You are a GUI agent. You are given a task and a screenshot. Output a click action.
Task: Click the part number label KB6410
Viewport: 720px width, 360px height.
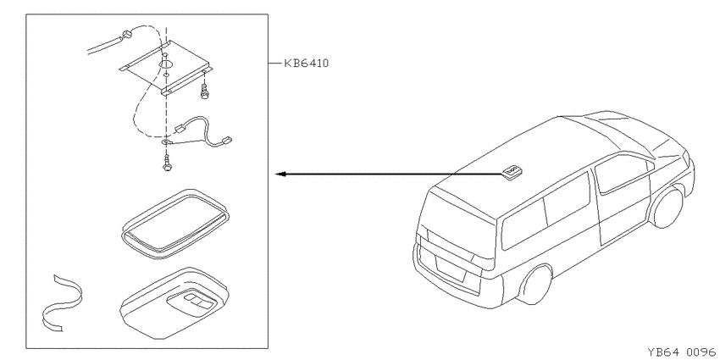click(x=307, y=63)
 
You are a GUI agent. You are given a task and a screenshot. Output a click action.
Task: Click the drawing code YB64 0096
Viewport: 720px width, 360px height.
click(x=681, y=352)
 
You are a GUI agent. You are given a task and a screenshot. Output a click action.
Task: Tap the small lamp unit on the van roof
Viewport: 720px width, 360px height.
click(x=511, y=171)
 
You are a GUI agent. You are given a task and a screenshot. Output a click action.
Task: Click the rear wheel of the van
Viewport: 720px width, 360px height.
click(x=534, y=285)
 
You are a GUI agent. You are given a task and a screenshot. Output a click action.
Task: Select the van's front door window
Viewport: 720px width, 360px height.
click(x=623, y=173)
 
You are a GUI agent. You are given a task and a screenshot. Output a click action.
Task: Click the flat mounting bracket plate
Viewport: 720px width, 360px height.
click(x=166, y=68)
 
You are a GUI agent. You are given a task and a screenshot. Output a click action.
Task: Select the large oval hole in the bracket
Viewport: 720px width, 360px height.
click(x=166, y=63)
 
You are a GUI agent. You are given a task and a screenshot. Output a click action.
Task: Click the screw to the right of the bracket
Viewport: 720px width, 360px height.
click(x=203, y=91)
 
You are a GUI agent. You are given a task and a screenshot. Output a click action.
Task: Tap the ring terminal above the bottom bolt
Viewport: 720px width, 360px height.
click(x=165, y=143)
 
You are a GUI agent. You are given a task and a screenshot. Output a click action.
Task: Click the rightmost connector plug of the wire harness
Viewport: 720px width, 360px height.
click(x=226, y=139)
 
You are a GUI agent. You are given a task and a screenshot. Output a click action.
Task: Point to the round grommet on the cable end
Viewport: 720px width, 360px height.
click(x=127, y=34)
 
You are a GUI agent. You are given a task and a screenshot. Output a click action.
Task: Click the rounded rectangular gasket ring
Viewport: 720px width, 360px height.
click(x=175, y=224)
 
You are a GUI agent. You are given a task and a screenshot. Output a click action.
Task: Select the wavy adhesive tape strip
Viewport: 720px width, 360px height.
click(x=62, y=303)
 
